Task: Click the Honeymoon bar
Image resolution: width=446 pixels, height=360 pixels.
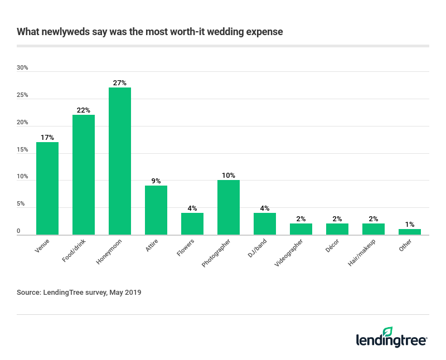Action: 120,161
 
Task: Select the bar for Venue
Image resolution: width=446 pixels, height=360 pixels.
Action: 47,188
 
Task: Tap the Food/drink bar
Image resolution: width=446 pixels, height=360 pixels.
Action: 84,175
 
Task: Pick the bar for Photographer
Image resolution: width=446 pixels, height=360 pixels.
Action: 229,207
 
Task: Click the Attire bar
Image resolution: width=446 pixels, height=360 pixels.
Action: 156,210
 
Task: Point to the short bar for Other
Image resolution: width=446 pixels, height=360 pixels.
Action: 410,232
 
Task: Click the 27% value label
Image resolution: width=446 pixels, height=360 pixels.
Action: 120,83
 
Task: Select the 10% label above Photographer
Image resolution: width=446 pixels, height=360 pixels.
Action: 229,176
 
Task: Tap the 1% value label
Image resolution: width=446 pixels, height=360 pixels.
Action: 410,224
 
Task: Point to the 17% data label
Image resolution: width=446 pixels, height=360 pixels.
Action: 47,137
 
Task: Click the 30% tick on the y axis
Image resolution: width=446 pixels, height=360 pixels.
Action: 22,68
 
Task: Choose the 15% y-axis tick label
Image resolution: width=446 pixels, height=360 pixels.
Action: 22,150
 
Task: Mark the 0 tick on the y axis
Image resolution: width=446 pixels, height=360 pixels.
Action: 18,231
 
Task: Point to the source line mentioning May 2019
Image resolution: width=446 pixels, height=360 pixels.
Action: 79,292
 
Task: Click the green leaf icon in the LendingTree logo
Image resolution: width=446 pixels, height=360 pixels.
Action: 387,332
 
